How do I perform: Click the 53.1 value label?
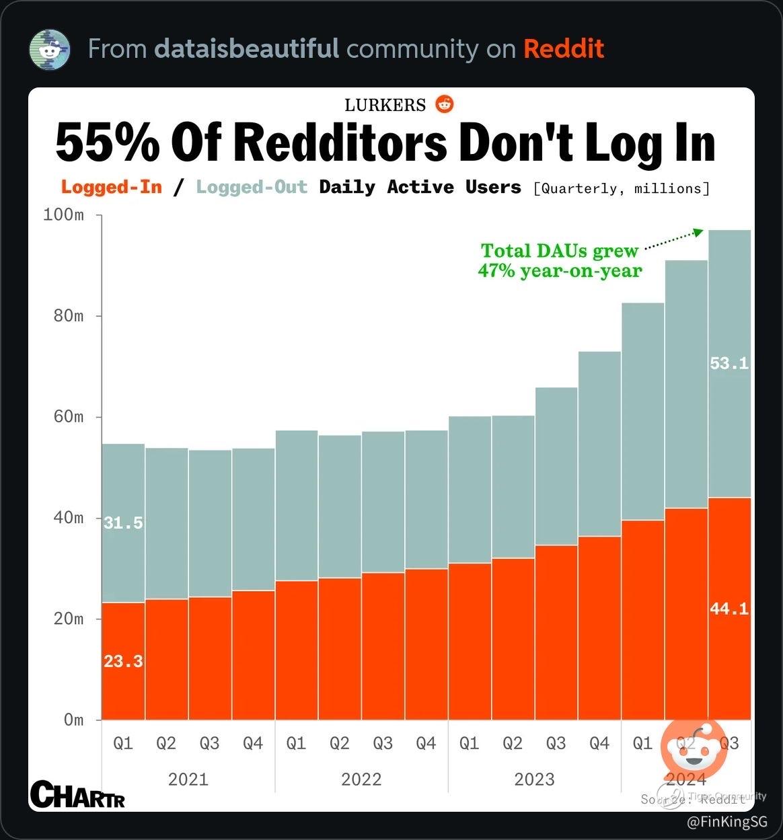coord(729,364)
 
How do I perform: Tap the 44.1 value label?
coord(729,609)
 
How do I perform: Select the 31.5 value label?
coord(123,523)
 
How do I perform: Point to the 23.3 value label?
coord(123,662)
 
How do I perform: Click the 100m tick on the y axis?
coord(63,215)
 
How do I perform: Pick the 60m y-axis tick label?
coord(69,417)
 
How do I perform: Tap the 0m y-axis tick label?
coord(74,720)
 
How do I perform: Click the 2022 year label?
coord(361,779)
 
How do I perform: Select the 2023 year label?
coord(534,779)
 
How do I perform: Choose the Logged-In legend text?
coord(112,187)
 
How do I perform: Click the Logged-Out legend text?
coord(252,187)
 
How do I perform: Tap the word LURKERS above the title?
coord(385,105)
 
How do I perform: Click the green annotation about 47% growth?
coord(560,261)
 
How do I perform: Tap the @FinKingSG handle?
coord(726,821)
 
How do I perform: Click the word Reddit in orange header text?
coord(564,49)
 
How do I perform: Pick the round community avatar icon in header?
coord(50,50)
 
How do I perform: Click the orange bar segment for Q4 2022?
coord(426,644)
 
